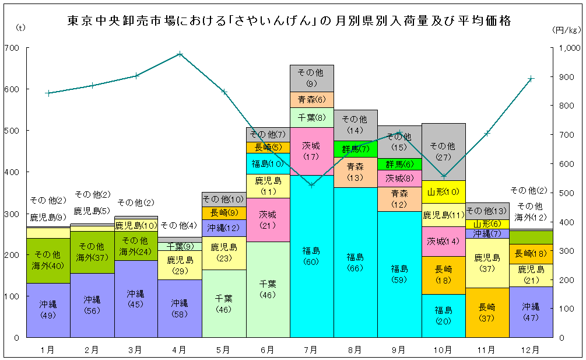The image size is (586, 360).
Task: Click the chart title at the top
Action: tap(289, 21)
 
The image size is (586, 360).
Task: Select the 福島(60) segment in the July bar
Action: tap(311, 256)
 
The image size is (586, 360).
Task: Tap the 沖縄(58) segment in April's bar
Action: tap(179, 308)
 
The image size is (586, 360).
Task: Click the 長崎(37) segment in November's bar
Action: tap(486, 312)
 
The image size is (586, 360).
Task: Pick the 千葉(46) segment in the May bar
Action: tap(223, 303)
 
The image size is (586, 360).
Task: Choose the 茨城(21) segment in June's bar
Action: tap(268, 219)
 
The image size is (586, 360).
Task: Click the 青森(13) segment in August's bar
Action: tap(355, 173)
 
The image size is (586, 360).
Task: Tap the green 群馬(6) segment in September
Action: tap(399, 164)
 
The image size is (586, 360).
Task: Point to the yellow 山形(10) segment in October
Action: tap(443, 191)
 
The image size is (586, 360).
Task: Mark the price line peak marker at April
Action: tap(180, 54)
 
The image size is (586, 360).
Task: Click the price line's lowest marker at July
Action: tap(311, 185)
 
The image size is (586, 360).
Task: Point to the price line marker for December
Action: tap(531, 79)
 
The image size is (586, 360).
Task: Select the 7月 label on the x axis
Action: tap(311, 350)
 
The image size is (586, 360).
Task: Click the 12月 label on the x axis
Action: tap(530, 350)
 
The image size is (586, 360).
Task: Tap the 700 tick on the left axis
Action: tap(11, 48)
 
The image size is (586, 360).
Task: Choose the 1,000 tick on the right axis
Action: tap(569, 48)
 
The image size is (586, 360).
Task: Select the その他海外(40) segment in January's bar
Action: tap(48, 260)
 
